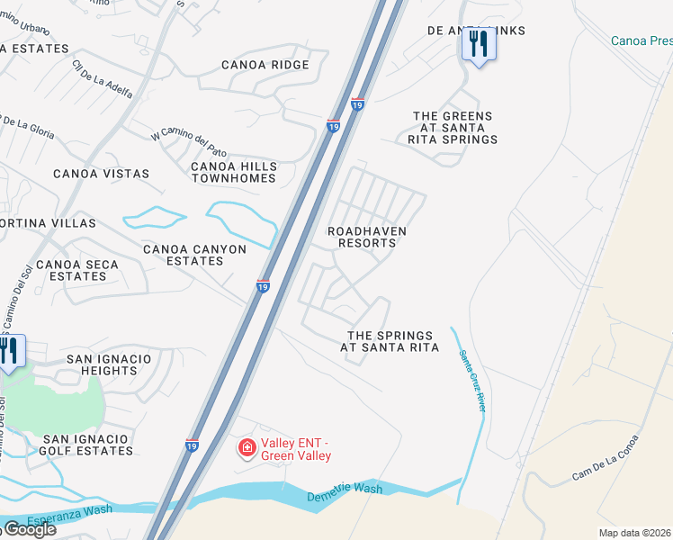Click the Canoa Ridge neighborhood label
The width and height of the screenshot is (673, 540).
[265, 65]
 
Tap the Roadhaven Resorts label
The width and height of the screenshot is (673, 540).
[367, 238]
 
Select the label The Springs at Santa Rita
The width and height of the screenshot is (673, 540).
[390, 341]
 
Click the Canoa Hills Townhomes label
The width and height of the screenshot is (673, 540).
[233, 173]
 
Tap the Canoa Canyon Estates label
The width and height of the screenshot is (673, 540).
[195, 255]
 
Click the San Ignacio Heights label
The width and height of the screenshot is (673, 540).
[110, 364]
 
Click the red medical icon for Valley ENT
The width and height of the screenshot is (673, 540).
[246, 447]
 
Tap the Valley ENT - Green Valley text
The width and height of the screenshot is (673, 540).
[297, 449]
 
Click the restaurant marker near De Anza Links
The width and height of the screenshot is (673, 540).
[478, 44]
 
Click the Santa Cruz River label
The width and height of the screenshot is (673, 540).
[471, 381]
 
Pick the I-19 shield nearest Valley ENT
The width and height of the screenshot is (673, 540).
[192, 445]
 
